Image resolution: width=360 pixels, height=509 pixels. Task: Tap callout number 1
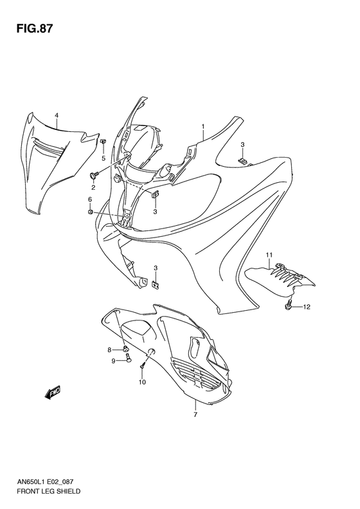click(203, 127)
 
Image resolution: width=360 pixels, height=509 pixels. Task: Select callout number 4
click(56, 116)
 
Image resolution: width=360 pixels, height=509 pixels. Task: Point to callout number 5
click(103, 158)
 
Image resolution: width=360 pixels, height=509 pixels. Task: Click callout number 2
click(93, 187)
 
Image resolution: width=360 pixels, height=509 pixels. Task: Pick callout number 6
click(90, 200)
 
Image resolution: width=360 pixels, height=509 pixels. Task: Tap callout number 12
click(307, 307)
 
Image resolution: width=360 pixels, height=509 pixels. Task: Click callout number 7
click(195, 415)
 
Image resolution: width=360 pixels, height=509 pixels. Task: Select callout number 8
click(109, 349)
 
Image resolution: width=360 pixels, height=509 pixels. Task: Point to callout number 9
click(113, 361)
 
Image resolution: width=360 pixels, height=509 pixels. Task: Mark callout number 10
click(142, 382)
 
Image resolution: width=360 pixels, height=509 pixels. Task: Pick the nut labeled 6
click(91, 212)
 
